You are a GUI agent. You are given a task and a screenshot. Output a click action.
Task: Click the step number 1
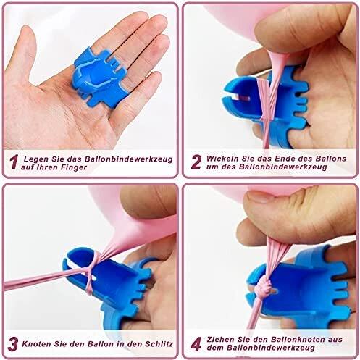pyautogui.click(x=14, y=162)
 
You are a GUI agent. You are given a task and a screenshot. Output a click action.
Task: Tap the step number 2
pyautogui.click(x=196, y=162)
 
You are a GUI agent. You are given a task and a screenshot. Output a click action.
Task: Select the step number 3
pyautogui.click(x=13, y=344)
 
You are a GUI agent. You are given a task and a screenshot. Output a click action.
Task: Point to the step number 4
pyautogui.click(x=196, y=344)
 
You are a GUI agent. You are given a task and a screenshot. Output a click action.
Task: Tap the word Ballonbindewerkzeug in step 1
pyautogui.click(x=129, y=159)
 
